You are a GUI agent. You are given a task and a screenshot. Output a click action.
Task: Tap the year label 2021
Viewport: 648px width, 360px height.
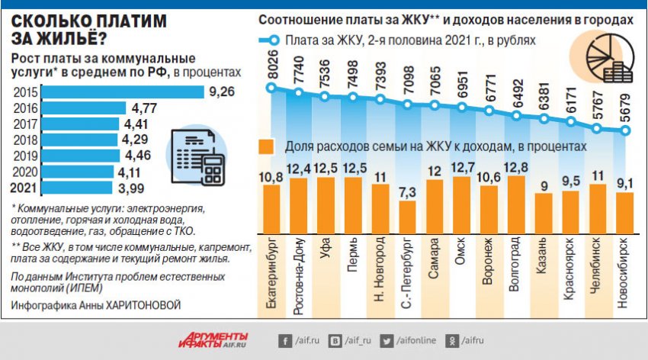click(23, 187)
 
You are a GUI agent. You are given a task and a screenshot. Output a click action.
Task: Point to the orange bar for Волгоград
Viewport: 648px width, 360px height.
click(516, 208)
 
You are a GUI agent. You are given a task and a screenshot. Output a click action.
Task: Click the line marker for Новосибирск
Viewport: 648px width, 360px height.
click(625, 130)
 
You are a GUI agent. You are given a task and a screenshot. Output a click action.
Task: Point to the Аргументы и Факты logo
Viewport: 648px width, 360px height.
click(215, 340)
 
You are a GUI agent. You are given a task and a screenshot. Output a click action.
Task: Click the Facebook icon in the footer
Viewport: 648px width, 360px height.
click(284, 340)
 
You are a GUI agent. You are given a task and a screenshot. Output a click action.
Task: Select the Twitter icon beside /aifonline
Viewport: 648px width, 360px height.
click(387, 340)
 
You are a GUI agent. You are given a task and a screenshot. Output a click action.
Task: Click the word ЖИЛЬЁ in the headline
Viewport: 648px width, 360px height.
click(62, 38)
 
